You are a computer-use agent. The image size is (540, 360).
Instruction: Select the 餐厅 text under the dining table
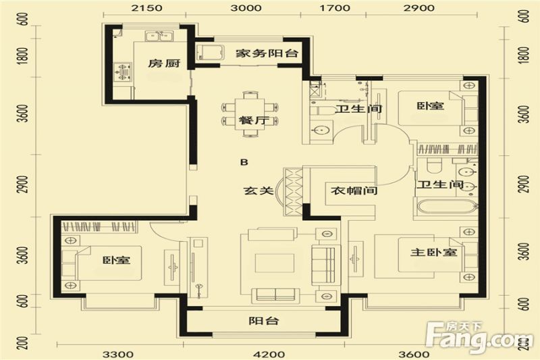coord(250,121)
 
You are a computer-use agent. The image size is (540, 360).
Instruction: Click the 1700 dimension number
coord(335,8)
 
